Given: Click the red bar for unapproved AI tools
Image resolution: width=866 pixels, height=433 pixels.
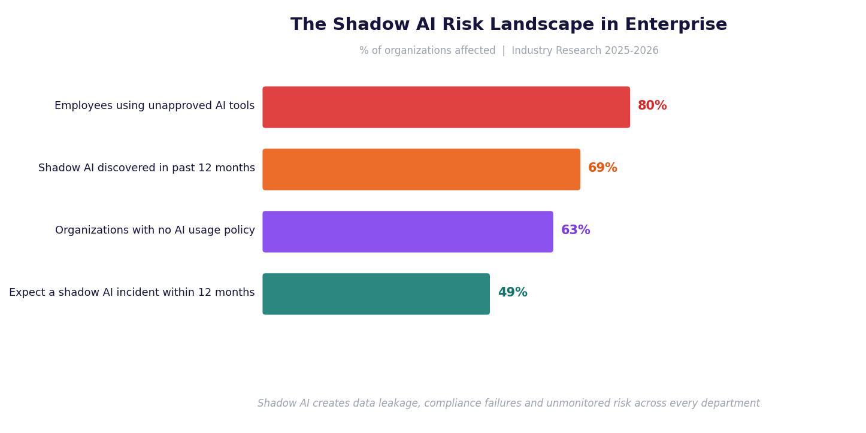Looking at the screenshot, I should (x=446, y=107).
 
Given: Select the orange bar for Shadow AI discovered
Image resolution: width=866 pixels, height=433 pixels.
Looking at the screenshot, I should (x=421, y=169).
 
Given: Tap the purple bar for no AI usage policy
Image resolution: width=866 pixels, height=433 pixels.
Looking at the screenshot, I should (x=408, y=232).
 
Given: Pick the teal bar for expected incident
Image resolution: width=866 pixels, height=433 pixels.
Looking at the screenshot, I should (x=376, y=294).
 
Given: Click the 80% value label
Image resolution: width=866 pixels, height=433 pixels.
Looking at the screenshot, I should (x=652, y=106).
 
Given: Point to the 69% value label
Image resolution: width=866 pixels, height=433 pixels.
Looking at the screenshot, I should (x=602, y=168).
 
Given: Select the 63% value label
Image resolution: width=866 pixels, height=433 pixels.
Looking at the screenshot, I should (x=576, y=231).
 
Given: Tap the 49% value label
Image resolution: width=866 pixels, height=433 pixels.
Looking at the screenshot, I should (x=513, y=293).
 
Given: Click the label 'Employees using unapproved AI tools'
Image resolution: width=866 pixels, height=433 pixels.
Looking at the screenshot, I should (x=155, y=106).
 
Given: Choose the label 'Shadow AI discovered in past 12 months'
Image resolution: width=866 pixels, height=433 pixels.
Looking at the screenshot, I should (x=147, y=168).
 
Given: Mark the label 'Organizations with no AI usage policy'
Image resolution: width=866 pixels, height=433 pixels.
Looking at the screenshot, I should (x=155, y=231).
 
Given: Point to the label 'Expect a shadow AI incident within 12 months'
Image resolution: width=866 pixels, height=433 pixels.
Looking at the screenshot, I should (x=132, y=293).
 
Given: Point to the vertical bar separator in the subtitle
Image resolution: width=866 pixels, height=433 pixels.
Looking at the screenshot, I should (x=504, y=51).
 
